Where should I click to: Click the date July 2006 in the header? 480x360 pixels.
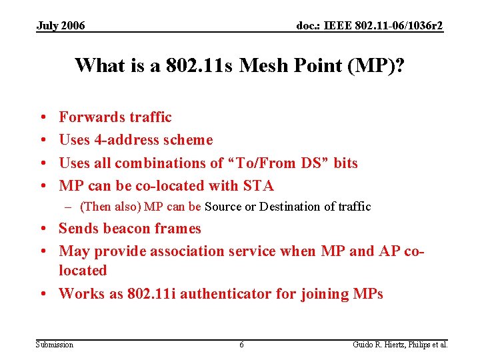60,26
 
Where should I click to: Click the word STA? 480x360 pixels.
259,186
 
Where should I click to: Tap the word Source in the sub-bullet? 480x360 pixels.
224,207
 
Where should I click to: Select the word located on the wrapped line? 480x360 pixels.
83,271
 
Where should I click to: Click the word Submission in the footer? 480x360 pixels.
55,345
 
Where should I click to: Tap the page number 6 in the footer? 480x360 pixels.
241,345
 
